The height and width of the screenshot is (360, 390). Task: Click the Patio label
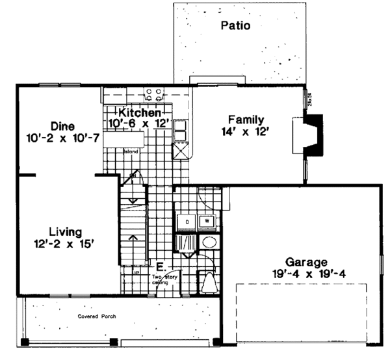[x=235, y=27]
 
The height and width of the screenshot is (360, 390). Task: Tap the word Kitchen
[x=135, y=112]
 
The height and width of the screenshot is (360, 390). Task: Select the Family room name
[x=245, y=120]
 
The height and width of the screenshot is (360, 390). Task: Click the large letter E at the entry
[x=161, y=266]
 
